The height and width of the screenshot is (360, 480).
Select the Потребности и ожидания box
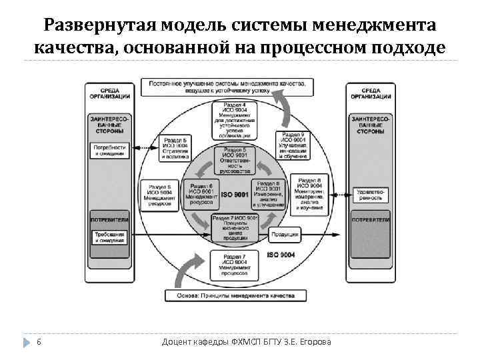click(x=110, y=150)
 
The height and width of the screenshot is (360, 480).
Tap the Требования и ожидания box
click(x=110, y=237)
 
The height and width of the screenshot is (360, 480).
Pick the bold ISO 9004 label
click(x=282, y=255)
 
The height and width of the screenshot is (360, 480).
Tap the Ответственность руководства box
click(x=235, y=160)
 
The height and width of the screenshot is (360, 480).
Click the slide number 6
click(x=39, y=342)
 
